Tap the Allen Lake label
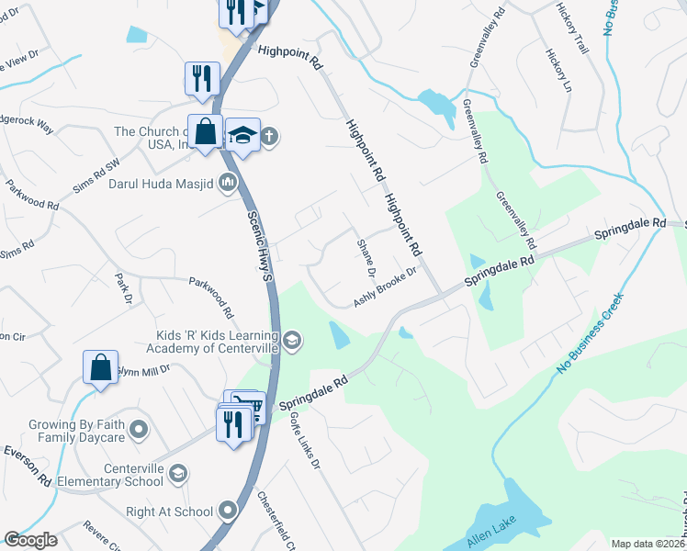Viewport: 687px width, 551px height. pyautogui.click(x=491, y=533)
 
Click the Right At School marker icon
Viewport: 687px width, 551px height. pyautogui.click(x=229, y=511)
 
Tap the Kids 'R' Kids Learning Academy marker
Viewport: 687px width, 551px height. pyautogui.click(x=292, y=342)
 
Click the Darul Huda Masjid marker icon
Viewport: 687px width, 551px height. pyautogui.click(x=228, y=183)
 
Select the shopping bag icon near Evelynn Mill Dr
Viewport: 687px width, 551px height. pyautogui.click(x=100, y=367)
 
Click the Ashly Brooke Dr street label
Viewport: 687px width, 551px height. pyautogui.click(x=386, y=287)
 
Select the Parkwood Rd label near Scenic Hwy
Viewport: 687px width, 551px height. pyautogui.click(x=211, y=298)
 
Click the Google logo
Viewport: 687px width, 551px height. pyautogui.click(x=30, y=540)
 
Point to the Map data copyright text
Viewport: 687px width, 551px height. pyautogui.click(x=648, y=544)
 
